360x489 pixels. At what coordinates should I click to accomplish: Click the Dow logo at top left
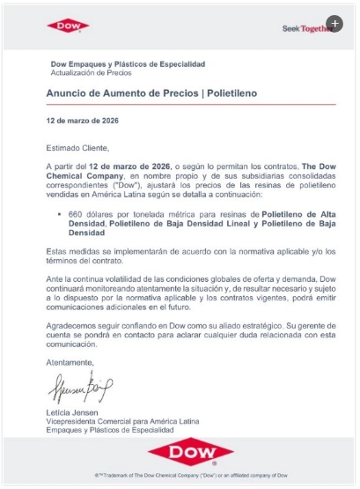click(x=68, y=27)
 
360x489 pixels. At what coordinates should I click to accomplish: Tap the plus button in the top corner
click(x=334, y=24)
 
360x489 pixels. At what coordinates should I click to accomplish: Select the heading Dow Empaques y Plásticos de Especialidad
click(x=129, y=64)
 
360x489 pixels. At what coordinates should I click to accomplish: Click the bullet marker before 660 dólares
click(x=59, y=213)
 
